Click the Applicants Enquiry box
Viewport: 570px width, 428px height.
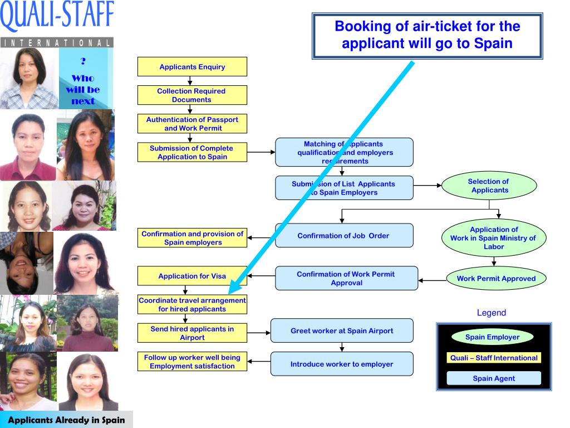coord(192,67)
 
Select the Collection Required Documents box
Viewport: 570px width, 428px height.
coord(192,95)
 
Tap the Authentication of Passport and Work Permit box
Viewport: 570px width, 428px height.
coord(192,124)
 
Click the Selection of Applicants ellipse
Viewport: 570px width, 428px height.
coord(489,186)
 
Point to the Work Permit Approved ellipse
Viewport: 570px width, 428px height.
coord(496,279)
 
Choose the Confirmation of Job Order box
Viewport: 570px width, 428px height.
coord(343,236)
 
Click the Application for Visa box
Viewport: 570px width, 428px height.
coord(192,276)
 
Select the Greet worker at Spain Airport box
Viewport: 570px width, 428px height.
coord(342,330)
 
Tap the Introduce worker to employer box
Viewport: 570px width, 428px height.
coord(342,364)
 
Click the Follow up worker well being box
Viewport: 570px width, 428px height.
coord(192,362)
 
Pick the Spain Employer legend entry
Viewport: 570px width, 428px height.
coord(492,337)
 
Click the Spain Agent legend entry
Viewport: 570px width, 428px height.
coord(494,378)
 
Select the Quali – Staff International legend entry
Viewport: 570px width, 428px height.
coord(494,358)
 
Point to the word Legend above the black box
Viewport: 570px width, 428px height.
coord(492,313)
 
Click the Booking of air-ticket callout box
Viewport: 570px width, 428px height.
coord(427,35)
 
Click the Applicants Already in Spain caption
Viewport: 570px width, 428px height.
coord(66,420)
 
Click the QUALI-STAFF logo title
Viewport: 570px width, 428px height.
coord(57,17)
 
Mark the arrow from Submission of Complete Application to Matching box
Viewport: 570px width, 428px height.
coord(261,152)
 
